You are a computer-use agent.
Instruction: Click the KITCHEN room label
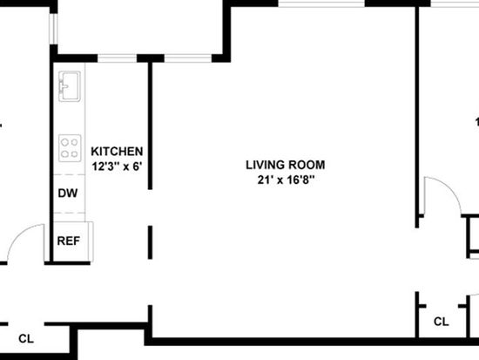[117, 152]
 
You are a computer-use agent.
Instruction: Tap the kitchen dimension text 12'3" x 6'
[118, 166]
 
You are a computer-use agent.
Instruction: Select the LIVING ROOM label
[286, 165]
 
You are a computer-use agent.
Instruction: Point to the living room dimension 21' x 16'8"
[286, 180]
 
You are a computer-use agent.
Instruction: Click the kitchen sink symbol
[70, 86]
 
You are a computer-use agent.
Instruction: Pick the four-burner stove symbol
[70, 148]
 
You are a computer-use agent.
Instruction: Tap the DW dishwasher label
[68, 193]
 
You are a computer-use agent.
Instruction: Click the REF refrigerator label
[69, 241]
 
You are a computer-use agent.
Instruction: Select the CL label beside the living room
[442, 322]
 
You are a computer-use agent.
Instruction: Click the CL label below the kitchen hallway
[26, 338]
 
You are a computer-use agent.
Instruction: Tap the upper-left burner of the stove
[64, 142]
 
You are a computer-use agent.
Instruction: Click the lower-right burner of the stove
[75, 153]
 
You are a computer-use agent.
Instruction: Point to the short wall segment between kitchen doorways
[150, 242]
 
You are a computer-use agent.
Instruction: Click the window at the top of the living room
[321, 3]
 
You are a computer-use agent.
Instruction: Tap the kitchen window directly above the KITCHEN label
[117, 58]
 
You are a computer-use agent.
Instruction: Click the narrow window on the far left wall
[54, 29]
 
